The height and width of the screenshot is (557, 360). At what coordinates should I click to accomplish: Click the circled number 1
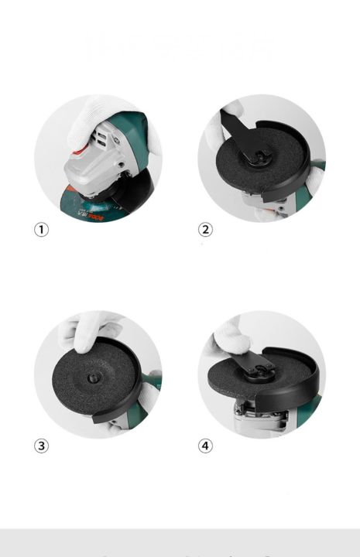point(41,230)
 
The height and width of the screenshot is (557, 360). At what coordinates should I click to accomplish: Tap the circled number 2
point(205,230)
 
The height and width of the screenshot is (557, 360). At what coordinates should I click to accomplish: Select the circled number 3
point(41,446)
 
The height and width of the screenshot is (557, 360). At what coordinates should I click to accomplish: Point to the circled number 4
point(205,446)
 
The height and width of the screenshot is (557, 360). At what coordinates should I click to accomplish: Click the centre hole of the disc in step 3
point(92,378)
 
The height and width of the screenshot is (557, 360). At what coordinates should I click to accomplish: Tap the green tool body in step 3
point(153,383)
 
